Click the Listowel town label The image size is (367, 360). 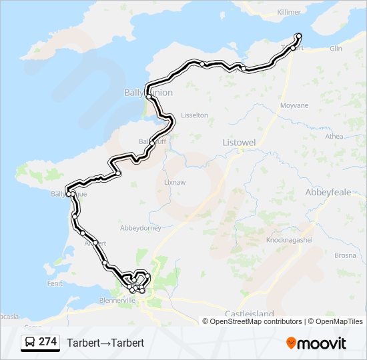pyautogui.click(x=239, y=143)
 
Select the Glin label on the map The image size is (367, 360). pyautogui.click(x=335, y=49)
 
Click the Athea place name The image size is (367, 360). pyautogui.click(x=334, y=137)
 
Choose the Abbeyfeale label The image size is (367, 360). pyautogui.click(x=326, y=191)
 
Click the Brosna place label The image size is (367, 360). pyautogui.click(x=345, y=255)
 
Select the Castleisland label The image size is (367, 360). pyautogui.click(x=250, y=313)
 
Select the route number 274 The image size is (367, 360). pyautogui.click(x=48, y=342)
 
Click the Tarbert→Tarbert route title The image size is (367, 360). pyautogui.click(x=105, y=343)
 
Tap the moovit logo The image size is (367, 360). pyautogui.click(x=316, y=343)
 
